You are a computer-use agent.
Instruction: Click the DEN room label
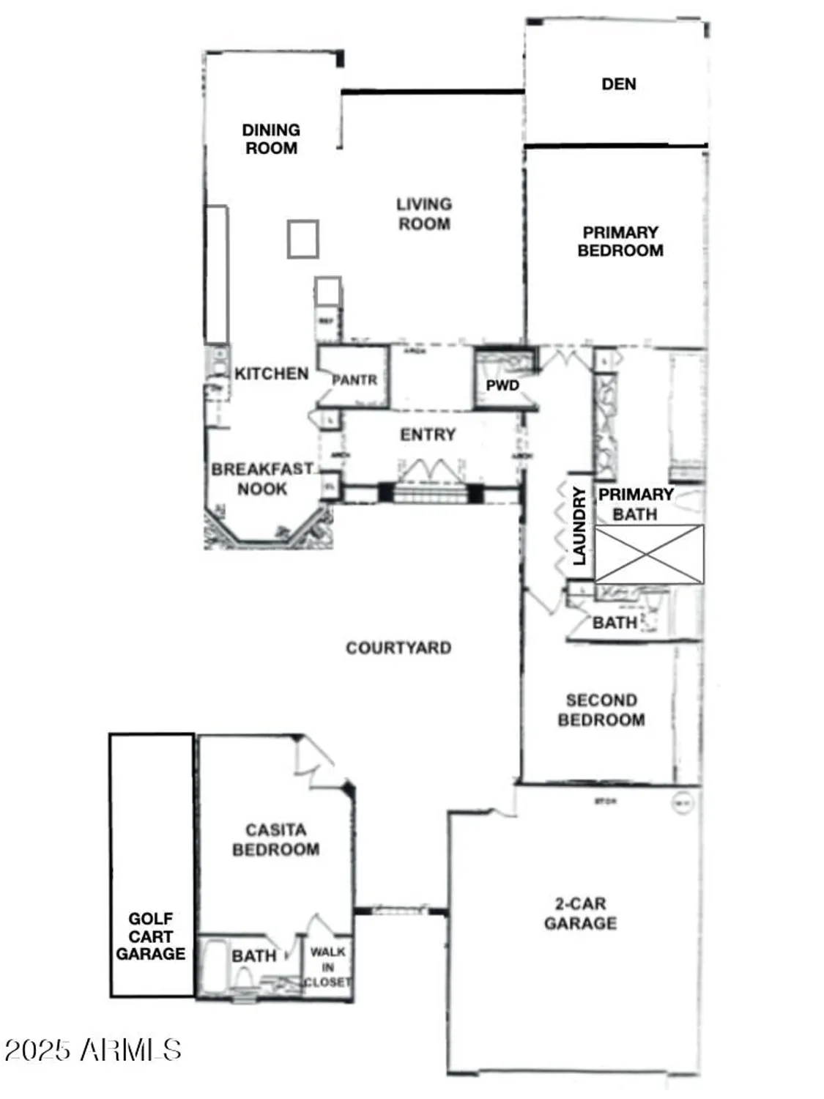point(618,84)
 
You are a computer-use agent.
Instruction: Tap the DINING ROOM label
point(271,138)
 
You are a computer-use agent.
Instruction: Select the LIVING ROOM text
point(424,214)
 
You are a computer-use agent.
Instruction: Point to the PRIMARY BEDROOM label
point(620,241)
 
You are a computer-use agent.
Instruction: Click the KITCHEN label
point(271,374)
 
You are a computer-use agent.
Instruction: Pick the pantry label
point(355,380)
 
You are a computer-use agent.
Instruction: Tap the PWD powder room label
point(502,385)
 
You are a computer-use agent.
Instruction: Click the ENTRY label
point(428,434)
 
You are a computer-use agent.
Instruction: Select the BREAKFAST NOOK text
point(261,478)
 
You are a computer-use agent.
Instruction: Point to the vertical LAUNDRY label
point(579,525)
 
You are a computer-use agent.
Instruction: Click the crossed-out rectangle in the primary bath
point(649,555)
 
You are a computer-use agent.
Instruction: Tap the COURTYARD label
point(398,648)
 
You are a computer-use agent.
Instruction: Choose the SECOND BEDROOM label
point(601,710)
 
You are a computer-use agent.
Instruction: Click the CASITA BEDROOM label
point(275,840)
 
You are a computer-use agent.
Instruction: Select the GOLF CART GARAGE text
point(151,936)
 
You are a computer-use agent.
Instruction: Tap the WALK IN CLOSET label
point(327,966)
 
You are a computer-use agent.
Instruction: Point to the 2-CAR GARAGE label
point(580,914)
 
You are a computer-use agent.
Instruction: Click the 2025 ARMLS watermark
point(92,1050)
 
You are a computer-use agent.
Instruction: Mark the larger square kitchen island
point(302,239)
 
